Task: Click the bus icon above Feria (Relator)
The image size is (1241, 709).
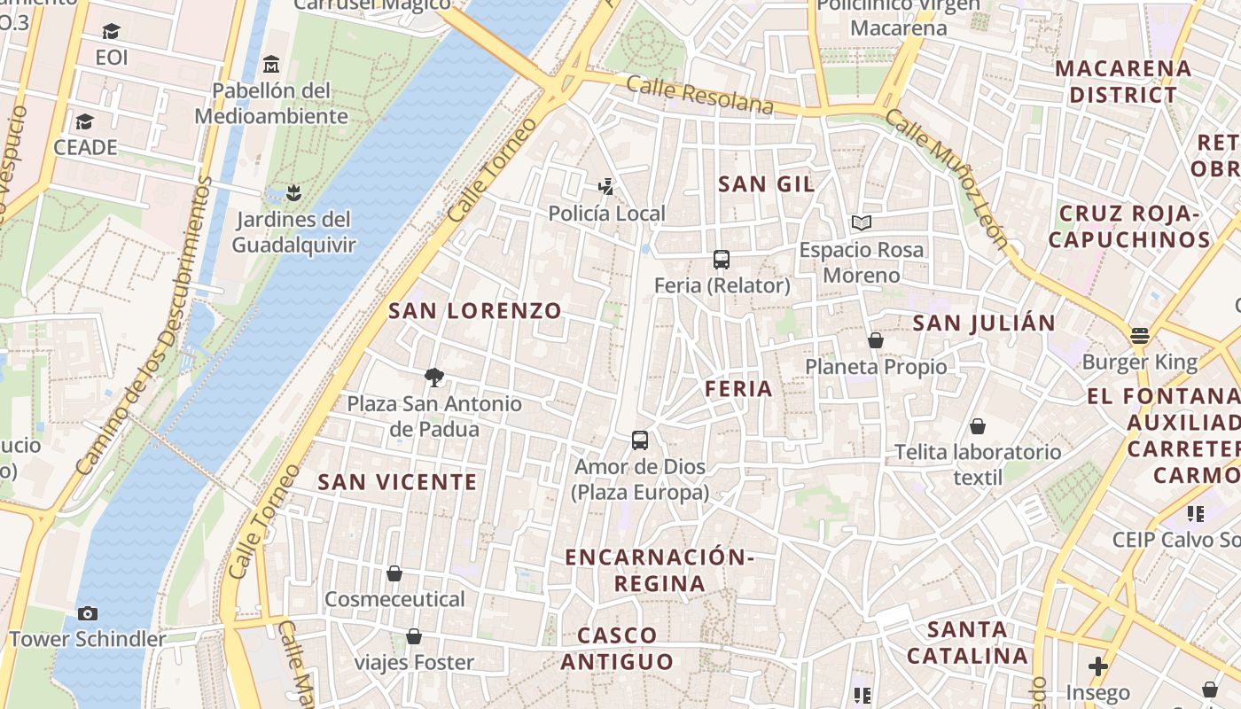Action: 722,260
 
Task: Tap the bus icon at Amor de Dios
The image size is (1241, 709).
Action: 639,440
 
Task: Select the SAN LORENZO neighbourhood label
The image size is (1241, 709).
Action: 475,310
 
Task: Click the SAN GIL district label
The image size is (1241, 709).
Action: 767,183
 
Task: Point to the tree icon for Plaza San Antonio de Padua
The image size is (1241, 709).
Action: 434,378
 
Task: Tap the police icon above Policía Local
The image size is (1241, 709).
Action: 606,187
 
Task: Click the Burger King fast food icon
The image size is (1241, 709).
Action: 1140,336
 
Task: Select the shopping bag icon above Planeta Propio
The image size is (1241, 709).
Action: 876,340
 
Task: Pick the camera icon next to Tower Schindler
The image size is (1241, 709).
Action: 87,613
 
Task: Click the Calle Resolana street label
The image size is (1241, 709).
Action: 700,95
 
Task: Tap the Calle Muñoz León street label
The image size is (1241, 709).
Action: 947,178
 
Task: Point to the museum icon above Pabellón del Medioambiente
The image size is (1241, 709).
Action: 271,65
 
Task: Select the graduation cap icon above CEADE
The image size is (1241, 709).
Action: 85,121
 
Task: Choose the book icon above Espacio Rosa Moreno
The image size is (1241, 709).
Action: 862,223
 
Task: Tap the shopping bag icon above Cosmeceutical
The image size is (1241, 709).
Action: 394,573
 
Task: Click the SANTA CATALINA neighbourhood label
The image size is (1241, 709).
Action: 968,643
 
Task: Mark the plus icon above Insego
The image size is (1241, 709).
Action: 1098,666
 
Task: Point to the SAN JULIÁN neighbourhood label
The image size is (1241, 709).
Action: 984,323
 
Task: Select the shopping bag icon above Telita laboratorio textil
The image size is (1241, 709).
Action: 978,426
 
